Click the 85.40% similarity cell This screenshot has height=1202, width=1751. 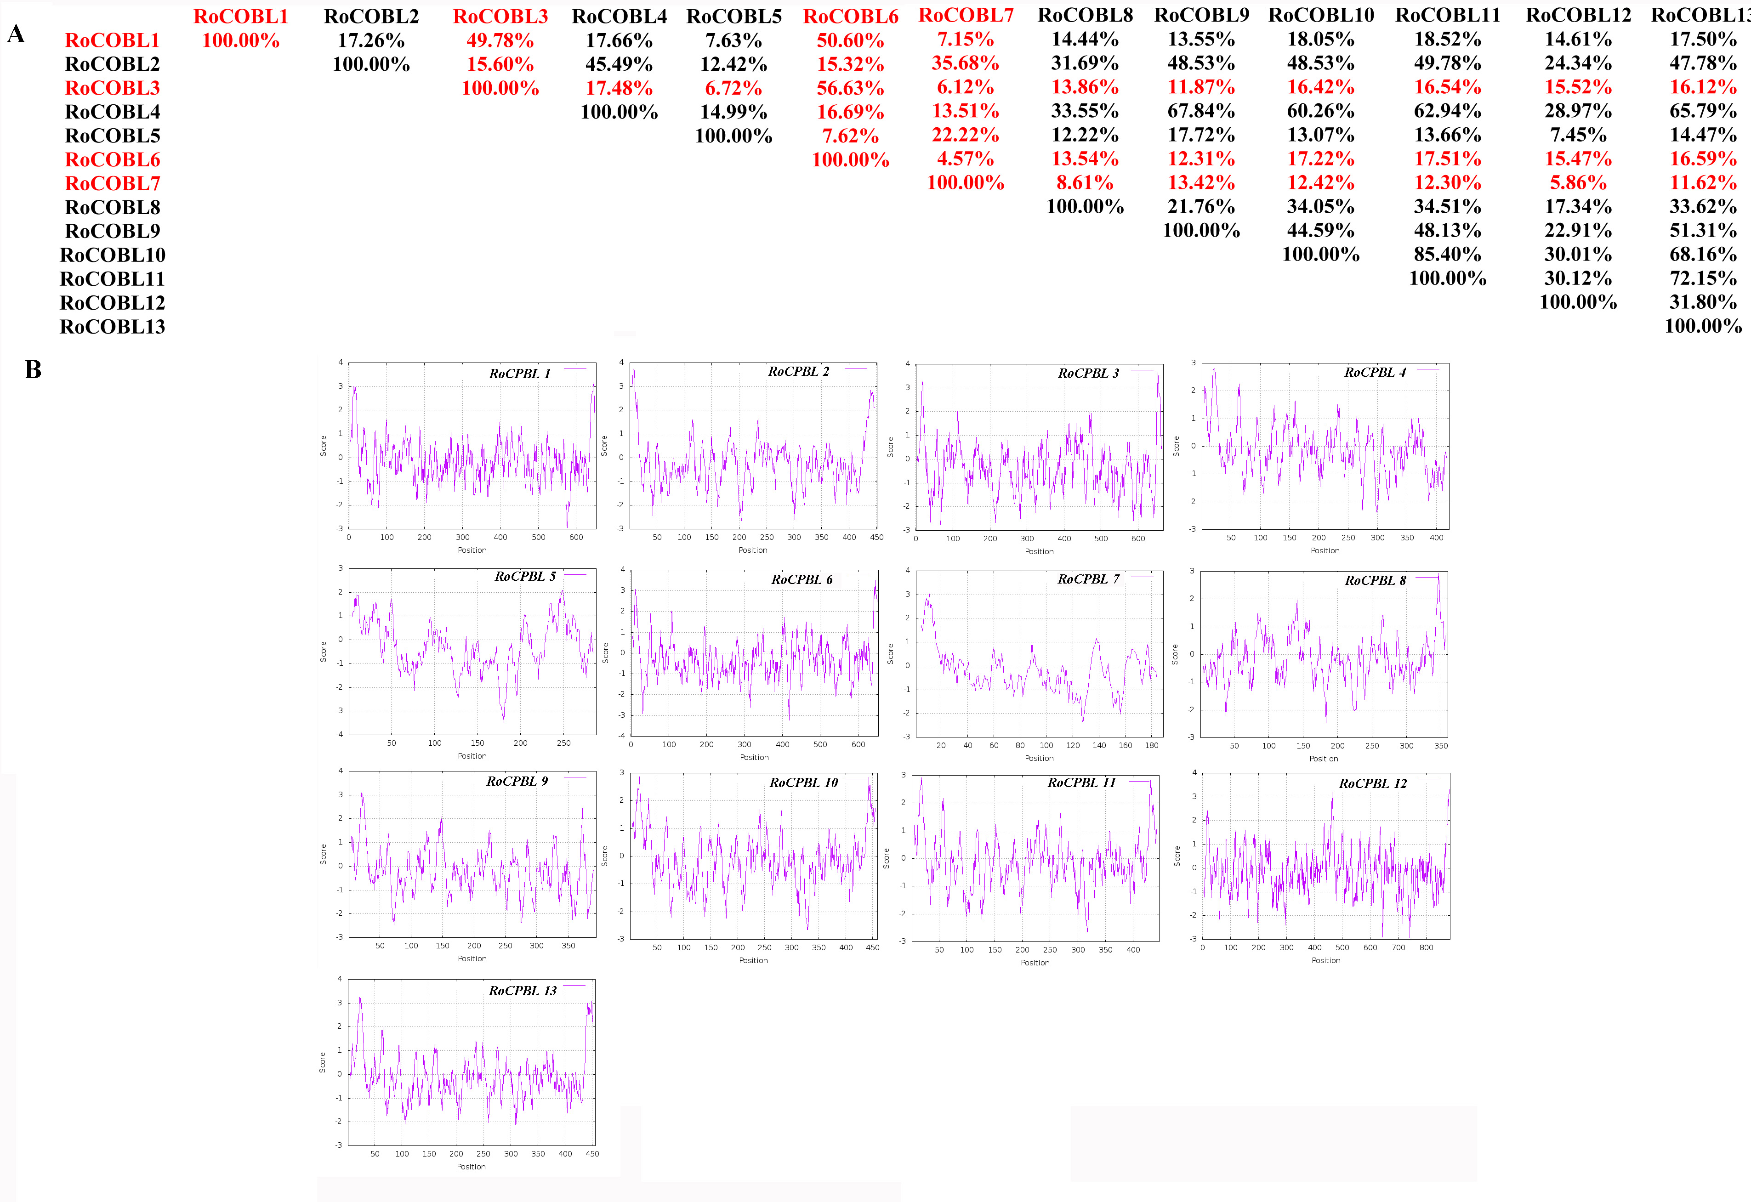pos(1447,255)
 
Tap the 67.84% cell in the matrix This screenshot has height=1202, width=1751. pos(1200,112)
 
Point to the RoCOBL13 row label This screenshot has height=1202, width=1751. pos(112,327)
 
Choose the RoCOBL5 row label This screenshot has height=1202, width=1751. pos(112,136)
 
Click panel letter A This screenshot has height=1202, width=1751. pos(16,34)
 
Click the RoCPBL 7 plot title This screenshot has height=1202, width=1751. pos(1088,579)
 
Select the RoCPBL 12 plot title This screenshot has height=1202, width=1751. pos(1372,783)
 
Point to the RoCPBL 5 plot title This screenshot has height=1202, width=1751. pos(524,576)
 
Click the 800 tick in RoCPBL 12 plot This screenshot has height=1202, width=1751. pos(1426,947)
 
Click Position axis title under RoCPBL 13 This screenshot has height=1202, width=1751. pos(471,1167)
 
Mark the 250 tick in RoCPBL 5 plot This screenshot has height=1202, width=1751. pos(563,743)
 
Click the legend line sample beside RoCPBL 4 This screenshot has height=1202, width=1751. pos(1428,369)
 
